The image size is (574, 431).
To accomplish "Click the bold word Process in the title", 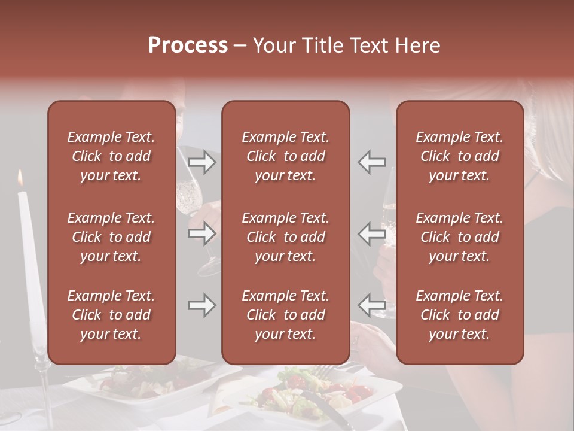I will click(188, 45).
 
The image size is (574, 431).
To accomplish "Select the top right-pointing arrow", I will click(202, 162).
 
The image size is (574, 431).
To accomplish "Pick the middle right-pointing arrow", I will click(202, 233).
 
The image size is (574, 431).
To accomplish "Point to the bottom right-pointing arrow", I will click(202, 305).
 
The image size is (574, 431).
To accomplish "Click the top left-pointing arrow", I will click(371, 162).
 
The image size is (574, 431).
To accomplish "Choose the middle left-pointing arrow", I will click(371, 233).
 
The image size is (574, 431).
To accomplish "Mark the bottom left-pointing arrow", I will click(371, 305).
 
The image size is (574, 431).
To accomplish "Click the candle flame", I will click(20, 177).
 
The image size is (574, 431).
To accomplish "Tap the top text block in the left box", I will click(111, 156).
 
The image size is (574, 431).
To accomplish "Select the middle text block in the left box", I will click(111, 237).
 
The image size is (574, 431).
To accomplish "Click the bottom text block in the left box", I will click(111, 315).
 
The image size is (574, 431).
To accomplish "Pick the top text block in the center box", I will click(286, 156).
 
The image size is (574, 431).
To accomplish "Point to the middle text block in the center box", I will click(286, 237).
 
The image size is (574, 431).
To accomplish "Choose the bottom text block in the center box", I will click(286, 315).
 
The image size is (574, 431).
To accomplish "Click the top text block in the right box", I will click(460, 156).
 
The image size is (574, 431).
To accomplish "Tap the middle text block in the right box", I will click(460, 237).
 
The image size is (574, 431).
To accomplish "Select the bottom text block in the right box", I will click(460, 315).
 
